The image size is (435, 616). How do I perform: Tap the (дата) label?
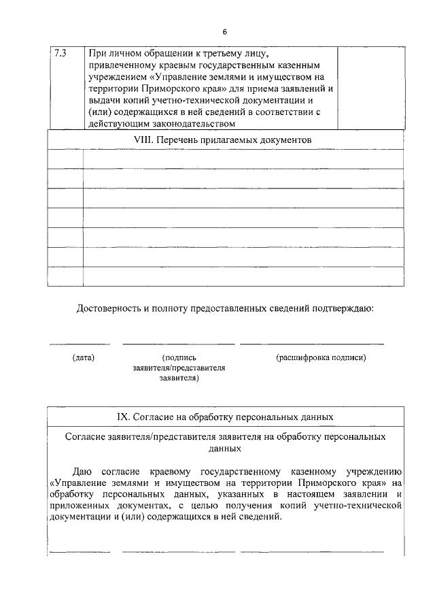tap(83, 357)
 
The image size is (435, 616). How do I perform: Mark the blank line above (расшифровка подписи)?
tap(312, 344)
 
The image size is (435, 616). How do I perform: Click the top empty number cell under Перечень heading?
tap(65, 159)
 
